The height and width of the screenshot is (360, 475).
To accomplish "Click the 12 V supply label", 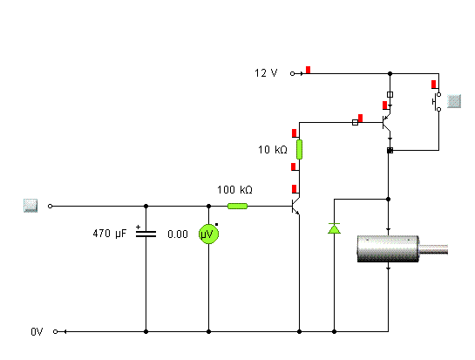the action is [266, 73].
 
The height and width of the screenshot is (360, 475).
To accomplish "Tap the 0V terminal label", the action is [37, 332].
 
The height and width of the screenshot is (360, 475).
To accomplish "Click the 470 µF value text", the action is [109, 234].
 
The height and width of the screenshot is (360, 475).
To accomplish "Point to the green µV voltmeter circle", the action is [208, 234].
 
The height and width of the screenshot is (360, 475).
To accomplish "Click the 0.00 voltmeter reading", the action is [178, 234].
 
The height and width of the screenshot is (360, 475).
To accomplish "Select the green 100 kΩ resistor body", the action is [237, 206].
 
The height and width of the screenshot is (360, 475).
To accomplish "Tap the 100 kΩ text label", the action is [234, 190].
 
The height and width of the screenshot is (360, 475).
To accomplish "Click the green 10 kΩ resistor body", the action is [299, 149].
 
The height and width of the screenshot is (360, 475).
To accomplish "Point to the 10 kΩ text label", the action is [272, 149].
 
